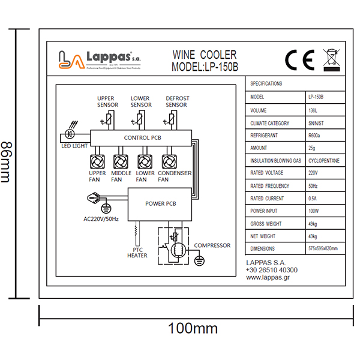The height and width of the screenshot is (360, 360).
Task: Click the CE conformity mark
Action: [x=299, y=59]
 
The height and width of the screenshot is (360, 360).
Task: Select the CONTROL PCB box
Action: [x=142, y=137]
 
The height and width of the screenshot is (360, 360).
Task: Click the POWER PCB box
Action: [x=161, y=203]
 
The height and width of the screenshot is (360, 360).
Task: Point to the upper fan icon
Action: [x=97, y=161]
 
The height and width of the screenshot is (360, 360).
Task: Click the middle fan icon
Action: [x=121, y=161]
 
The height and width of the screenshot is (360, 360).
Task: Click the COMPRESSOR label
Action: [x=212, y=245]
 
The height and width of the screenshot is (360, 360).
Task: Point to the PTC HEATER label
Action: [x=137, y=252]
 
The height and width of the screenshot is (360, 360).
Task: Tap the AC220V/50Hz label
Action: [x=101, y=219]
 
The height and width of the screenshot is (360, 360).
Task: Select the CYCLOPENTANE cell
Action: [x=324, y=161]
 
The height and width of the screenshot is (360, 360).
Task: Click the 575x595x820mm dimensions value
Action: [x=323, y=248]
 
